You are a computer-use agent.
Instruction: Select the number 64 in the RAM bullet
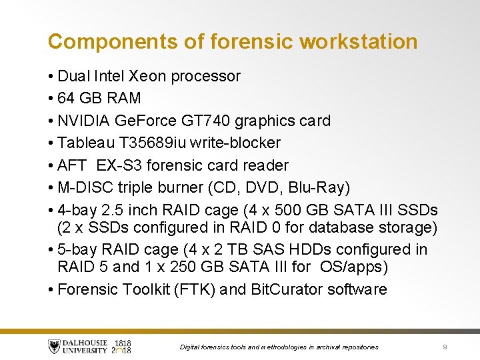pos(66,99)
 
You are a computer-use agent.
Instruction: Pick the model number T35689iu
pos(151,143)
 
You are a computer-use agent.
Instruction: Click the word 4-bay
pos(76,209)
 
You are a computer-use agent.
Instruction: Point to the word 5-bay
pos(76,250)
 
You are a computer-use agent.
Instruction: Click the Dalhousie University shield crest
pos(54,347)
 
